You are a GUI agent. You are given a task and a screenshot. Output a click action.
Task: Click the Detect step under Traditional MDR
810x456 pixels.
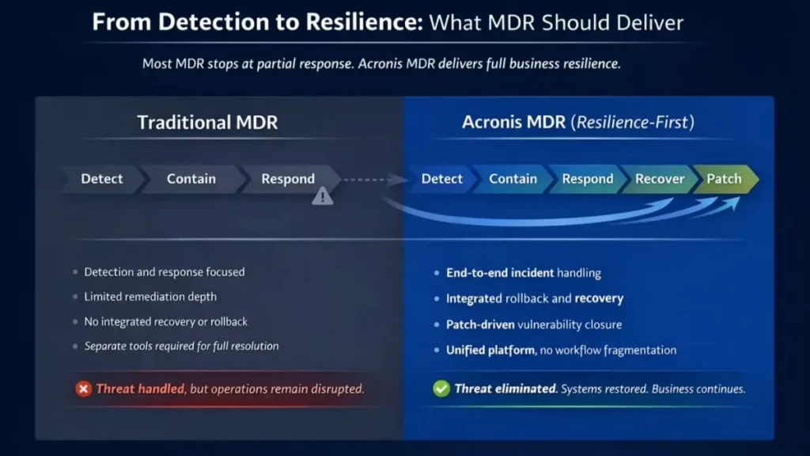(x=102, y=179)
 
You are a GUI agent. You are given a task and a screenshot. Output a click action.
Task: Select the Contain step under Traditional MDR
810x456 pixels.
(x=191, y=179)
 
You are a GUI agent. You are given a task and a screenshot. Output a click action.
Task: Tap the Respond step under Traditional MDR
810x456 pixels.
(x=288, y=179)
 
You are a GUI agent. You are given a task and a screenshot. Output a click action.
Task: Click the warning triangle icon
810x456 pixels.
(x=323, y=196)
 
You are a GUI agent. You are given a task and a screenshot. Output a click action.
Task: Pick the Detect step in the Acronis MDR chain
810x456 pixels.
(x=441, y=179)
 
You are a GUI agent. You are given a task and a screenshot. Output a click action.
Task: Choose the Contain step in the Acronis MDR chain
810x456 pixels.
(x=513, y=179)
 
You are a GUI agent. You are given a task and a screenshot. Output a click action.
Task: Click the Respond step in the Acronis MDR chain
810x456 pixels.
(x=588, y=179)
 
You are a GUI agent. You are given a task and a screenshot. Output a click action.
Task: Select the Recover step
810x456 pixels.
(x=660, y=179)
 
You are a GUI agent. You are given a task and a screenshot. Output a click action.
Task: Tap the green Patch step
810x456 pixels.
(x=725, y=179)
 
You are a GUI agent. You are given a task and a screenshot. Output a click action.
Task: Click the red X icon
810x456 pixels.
(x=83, y=389)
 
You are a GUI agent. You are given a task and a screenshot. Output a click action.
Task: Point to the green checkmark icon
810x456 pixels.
(x=441, y=389)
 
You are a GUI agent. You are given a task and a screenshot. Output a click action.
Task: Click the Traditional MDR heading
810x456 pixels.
(x=207, y=123)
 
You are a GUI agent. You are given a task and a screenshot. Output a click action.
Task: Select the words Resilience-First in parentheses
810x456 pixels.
(x=633, y=123)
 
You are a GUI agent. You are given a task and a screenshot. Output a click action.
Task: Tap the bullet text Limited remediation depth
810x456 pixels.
(x=150, y=297)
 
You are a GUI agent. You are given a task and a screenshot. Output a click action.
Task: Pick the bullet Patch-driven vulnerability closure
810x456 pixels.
(x=534, y=325)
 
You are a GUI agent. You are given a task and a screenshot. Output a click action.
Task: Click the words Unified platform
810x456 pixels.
(x=490, y=351)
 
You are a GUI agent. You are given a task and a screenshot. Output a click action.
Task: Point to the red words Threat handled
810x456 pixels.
(x=140, y=389)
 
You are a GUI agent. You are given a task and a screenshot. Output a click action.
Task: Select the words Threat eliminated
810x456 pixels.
(x=505, y=389)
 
